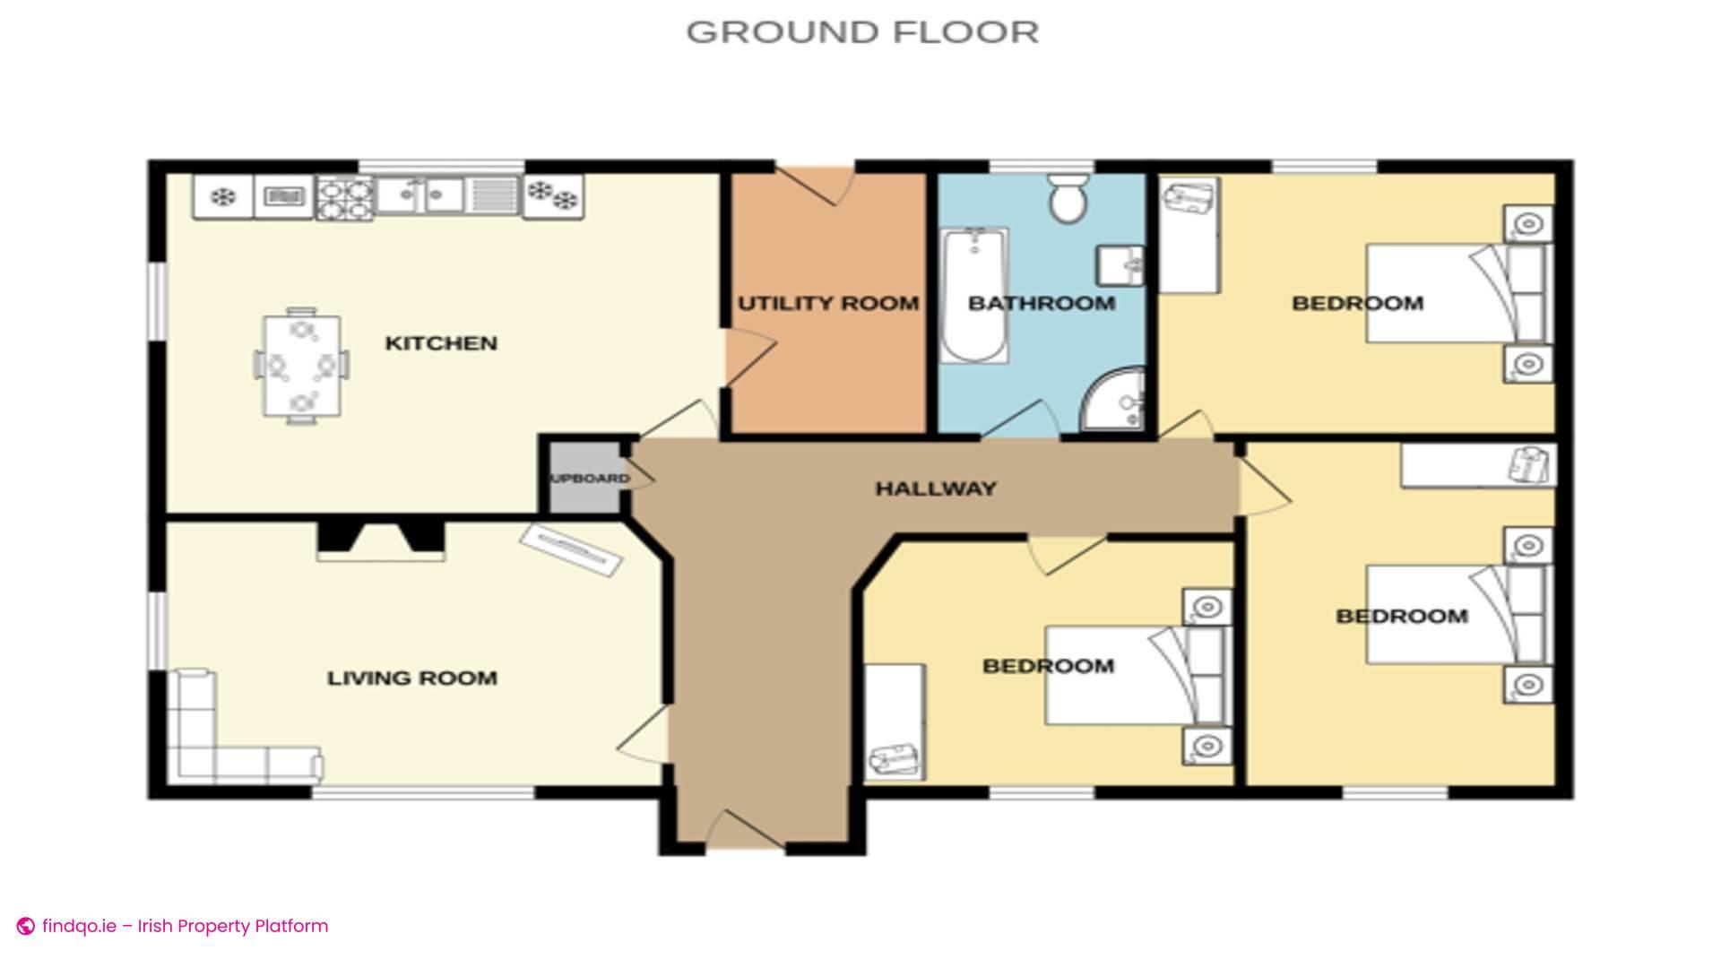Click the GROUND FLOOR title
(x=862, y=32)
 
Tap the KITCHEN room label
(x=440, y=343)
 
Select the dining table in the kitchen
(x=302, y=365)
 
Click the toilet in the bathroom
(x=1067, y=199)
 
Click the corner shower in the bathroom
(x=1117, y=402)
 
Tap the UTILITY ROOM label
(x=827, y=304)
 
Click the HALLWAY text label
(x=935, y=489)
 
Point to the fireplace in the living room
(x=381, y=540)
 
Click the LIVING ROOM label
(x=411, y=678)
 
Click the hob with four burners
(x=344, y=198)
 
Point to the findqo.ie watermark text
(x=184, y=926)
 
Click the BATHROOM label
(x=1041, y=304)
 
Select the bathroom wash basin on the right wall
(x=1121, y=265)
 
